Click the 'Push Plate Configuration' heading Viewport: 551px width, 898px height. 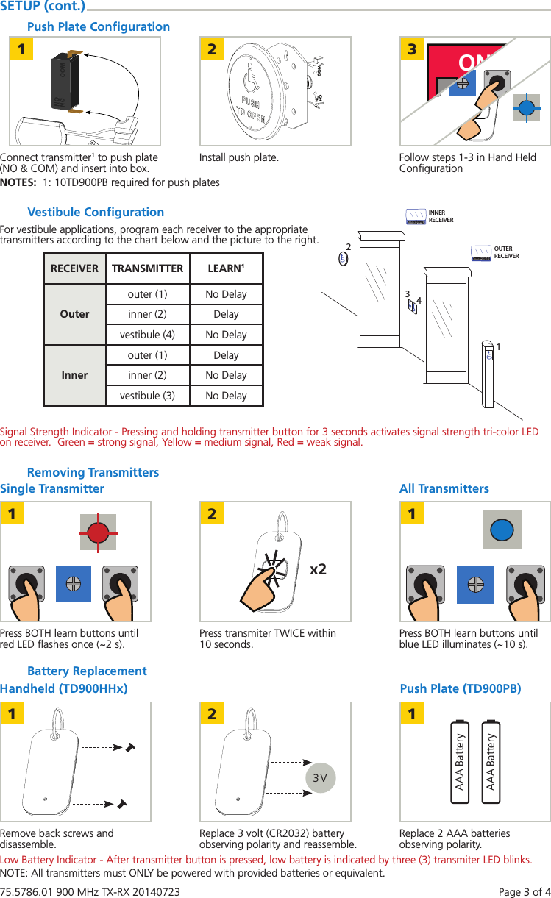click(98, 26)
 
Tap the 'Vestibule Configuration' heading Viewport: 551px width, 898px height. click(96, 212)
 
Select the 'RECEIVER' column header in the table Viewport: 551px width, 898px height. click(74, 268)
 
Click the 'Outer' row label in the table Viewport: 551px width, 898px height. click(74, 314)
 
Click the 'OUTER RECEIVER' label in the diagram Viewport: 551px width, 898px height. click(506, 252)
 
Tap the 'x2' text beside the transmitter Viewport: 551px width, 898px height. click(319, 569)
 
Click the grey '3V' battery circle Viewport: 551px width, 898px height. click(320, 777)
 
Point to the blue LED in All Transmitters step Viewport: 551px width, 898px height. click(502, 530)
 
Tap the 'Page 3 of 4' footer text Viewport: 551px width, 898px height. click(525, 892)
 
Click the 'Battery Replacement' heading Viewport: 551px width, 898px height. click(87, 671)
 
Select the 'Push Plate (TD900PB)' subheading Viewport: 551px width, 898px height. click(461, 688)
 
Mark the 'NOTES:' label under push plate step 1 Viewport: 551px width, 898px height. click(19, 182)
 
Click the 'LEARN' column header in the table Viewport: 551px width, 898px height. click(226, 268)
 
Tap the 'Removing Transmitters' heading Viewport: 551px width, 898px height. click(93, 472)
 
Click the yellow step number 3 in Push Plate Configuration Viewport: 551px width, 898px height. click(412, 49)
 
